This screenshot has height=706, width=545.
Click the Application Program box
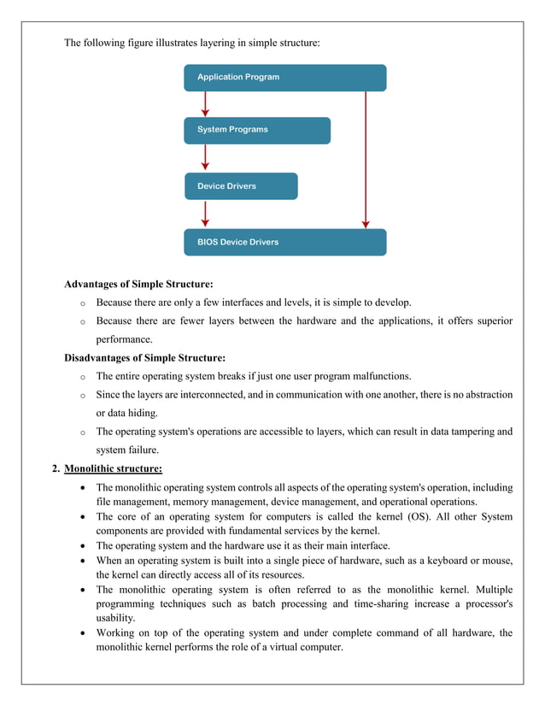[x=284, y=78]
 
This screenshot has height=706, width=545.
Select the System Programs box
[x=256, y=130]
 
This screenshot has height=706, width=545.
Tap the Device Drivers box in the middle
[x=241, y=186]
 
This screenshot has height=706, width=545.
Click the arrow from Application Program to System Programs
[x=205, y=103]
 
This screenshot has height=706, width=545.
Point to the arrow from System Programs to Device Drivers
[x=205, y=157]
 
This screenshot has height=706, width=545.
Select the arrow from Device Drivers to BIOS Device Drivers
[x=205, y=214]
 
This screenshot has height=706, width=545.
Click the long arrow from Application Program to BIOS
[x=366, y=159]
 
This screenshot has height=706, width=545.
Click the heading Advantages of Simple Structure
[x=138, y=284]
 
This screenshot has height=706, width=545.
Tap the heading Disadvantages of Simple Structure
[x=144, y=357]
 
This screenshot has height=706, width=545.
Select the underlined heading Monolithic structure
[x=113, y=468]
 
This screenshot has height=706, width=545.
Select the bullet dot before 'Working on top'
[x=81, y=633]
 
